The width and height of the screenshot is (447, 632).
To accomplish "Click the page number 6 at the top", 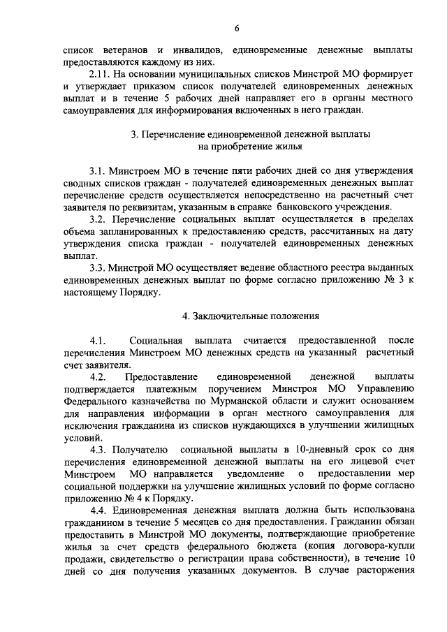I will pyautogui.click(x=237, y=28).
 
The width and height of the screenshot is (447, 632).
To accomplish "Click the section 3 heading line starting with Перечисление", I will pyautogui.click(x=251, y=133).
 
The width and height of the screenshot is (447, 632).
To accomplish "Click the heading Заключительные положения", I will pyautogui.click(x=250, y=316).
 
